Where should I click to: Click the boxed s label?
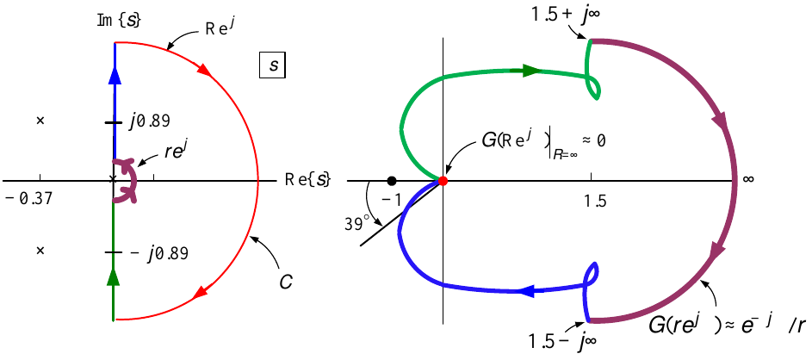point(272,67)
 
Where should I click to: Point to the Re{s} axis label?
point(308,180)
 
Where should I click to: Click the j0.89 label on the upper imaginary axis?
point(149,121)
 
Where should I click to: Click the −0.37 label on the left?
point(28,198)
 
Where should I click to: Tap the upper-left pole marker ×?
point(40,121)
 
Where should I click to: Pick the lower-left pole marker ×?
point(40,250)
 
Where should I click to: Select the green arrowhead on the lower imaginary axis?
point(114,277)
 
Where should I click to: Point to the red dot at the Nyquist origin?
point(443,180)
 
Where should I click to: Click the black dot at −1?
point(392,180)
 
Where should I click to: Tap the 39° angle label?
point(356,223)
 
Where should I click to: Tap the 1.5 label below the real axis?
point(594,200)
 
